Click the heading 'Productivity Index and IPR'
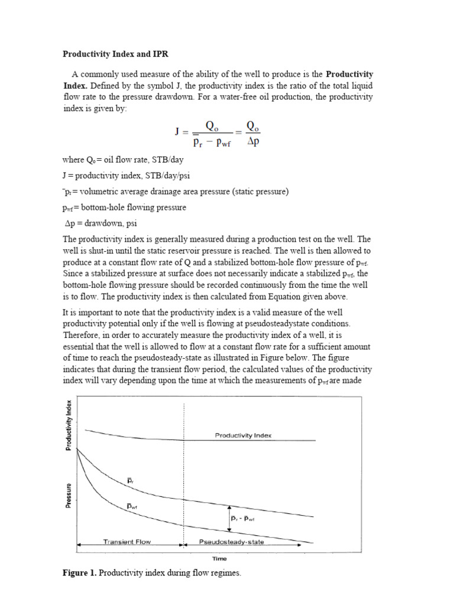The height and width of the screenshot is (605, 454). point(116,54)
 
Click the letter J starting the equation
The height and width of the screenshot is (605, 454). point(177,132)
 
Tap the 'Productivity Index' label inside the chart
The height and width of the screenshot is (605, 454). point(243,435)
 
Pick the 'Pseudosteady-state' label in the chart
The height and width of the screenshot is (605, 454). point(231,542)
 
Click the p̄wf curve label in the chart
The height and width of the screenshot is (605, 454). point(132,506)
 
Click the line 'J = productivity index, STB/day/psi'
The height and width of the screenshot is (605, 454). point(126,176)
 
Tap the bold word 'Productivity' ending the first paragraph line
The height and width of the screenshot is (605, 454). point(350,74)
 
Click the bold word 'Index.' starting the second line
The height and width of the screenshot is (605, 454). point(74,85)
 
